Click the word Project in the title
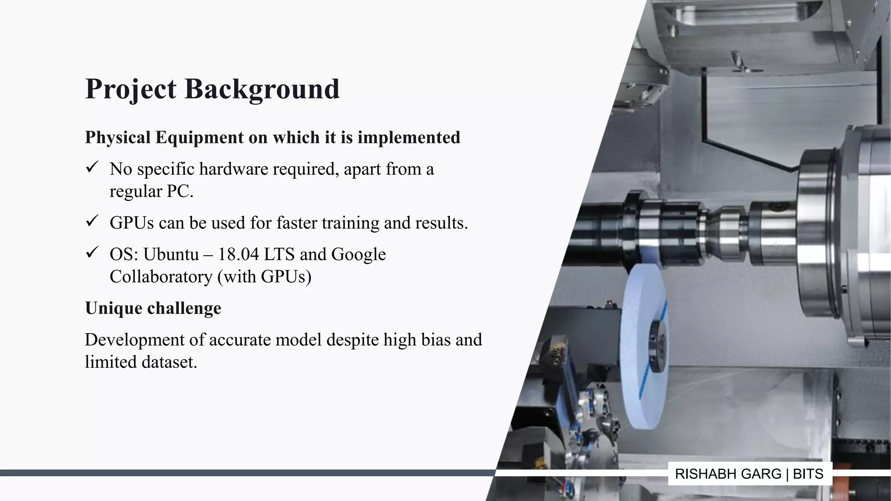(131, 89)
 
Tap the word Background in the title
(262, 89)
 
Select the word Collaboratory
(161, 277)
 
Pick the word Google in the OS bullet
(358, 254)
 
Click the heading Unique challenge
(153, 308)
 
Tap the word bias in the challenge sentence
(435, 340)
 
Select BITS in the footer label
(808, 474)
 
